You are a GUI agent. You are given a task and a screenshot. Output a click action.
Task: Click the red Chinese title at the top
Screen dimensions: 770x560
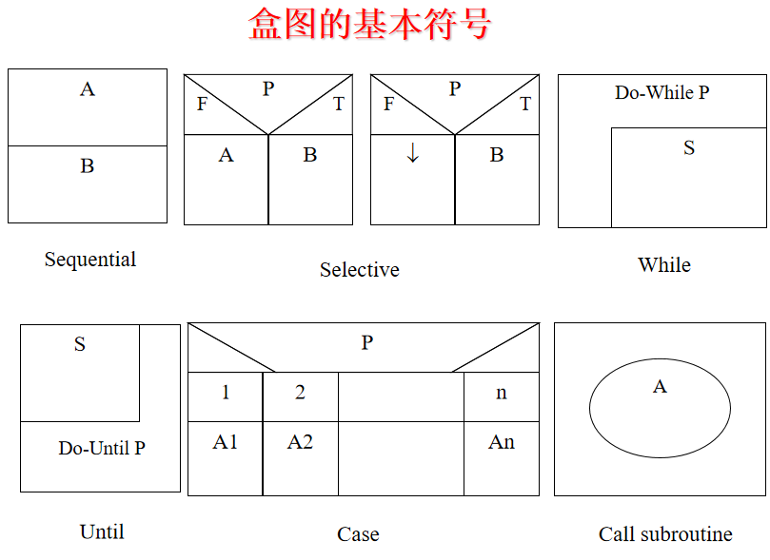(369, 24)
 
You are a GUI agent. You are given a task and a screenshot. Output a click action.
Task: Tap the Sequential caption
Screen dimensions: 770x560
(90, 260)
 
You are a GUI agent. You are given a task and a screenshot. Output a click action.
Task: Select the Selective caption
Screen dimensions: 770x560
(359, 270)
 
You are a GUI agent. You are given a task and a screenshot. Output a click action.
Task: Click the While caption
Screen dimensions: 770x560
(663, 265)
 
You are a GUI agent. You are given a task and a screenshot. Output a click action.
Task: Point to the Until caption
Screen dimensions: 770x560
(102, 532)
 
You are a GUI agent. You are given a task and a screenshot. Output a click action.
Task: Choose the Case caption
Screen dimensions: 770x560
(358, 534)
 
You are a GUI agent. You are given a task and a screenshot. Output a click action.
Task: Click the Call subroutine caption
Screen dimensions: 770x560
(665, 534)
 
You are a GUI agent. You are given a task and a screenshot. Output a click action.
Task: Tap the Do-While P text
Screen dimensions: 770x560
(661, 93)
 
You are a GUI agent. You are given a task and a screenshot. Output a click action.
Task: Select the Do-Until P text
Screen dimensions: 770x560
(102, 448)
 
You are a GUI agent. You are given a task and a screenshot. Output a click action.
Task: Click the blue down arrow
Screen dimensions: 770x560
(412, 154)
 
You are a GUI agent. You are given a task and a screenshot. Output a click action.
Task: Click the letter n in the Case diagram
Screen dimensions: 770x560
(502, 394)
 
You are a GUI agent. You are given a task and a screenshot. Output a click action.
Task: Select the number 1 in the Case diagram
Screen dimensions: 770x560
(226, 393)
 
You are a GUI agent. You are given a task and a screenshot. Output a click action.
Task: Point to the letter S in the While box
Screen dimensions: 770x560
(689, 148)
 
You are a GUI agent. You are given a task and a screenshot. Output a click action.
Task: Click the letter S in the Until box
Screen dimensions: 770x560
(80, 345)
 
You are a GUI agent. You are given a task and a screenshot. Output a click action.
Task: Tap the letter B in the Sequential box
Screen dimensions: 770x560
(88, 166)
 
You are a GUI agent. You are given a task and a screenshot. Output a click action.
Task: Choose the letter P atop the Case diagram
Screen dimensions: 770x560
(366, 343)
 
